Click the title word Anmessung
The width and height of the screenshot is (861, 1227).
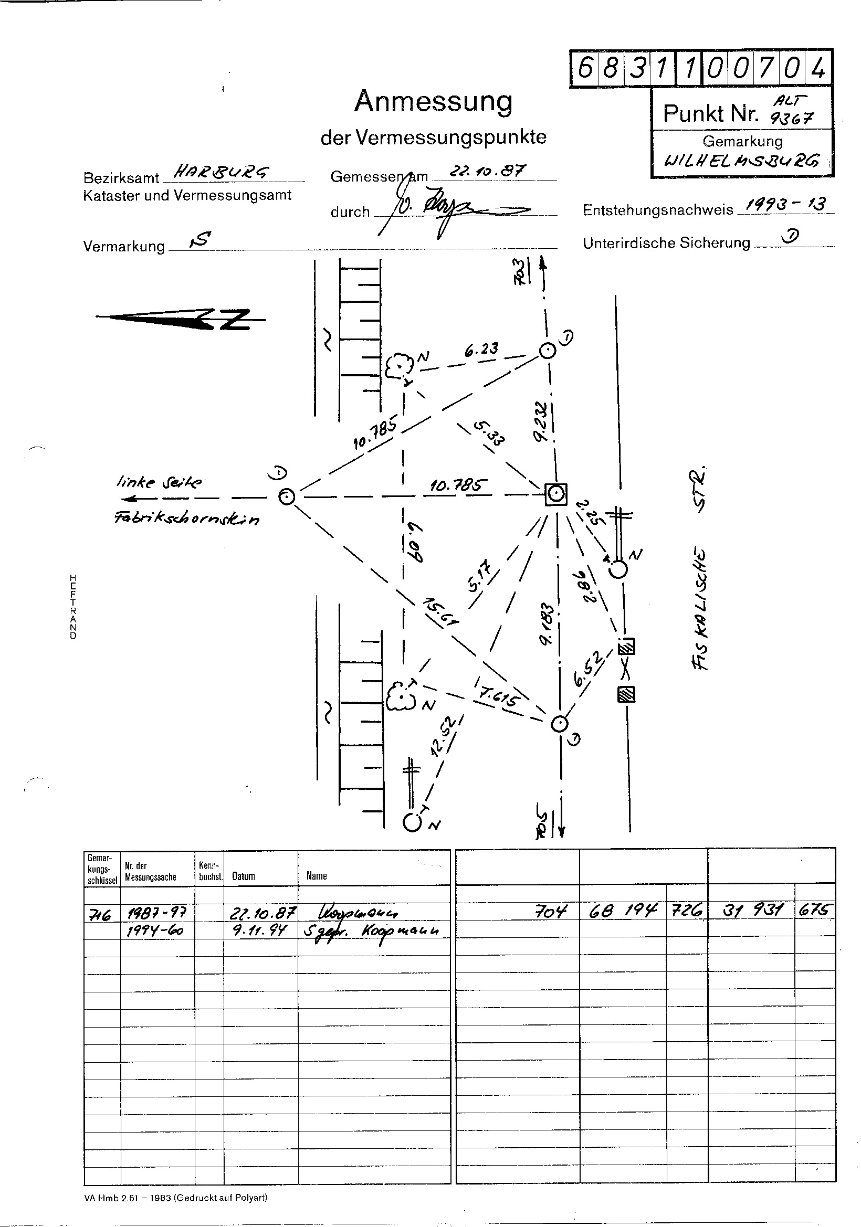click(433, 101)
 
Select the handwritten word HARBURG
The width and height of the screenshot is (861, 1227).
click(216, 172)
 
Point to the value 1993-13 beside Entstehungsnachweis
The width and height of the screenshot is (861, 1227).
click(786, 204)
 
